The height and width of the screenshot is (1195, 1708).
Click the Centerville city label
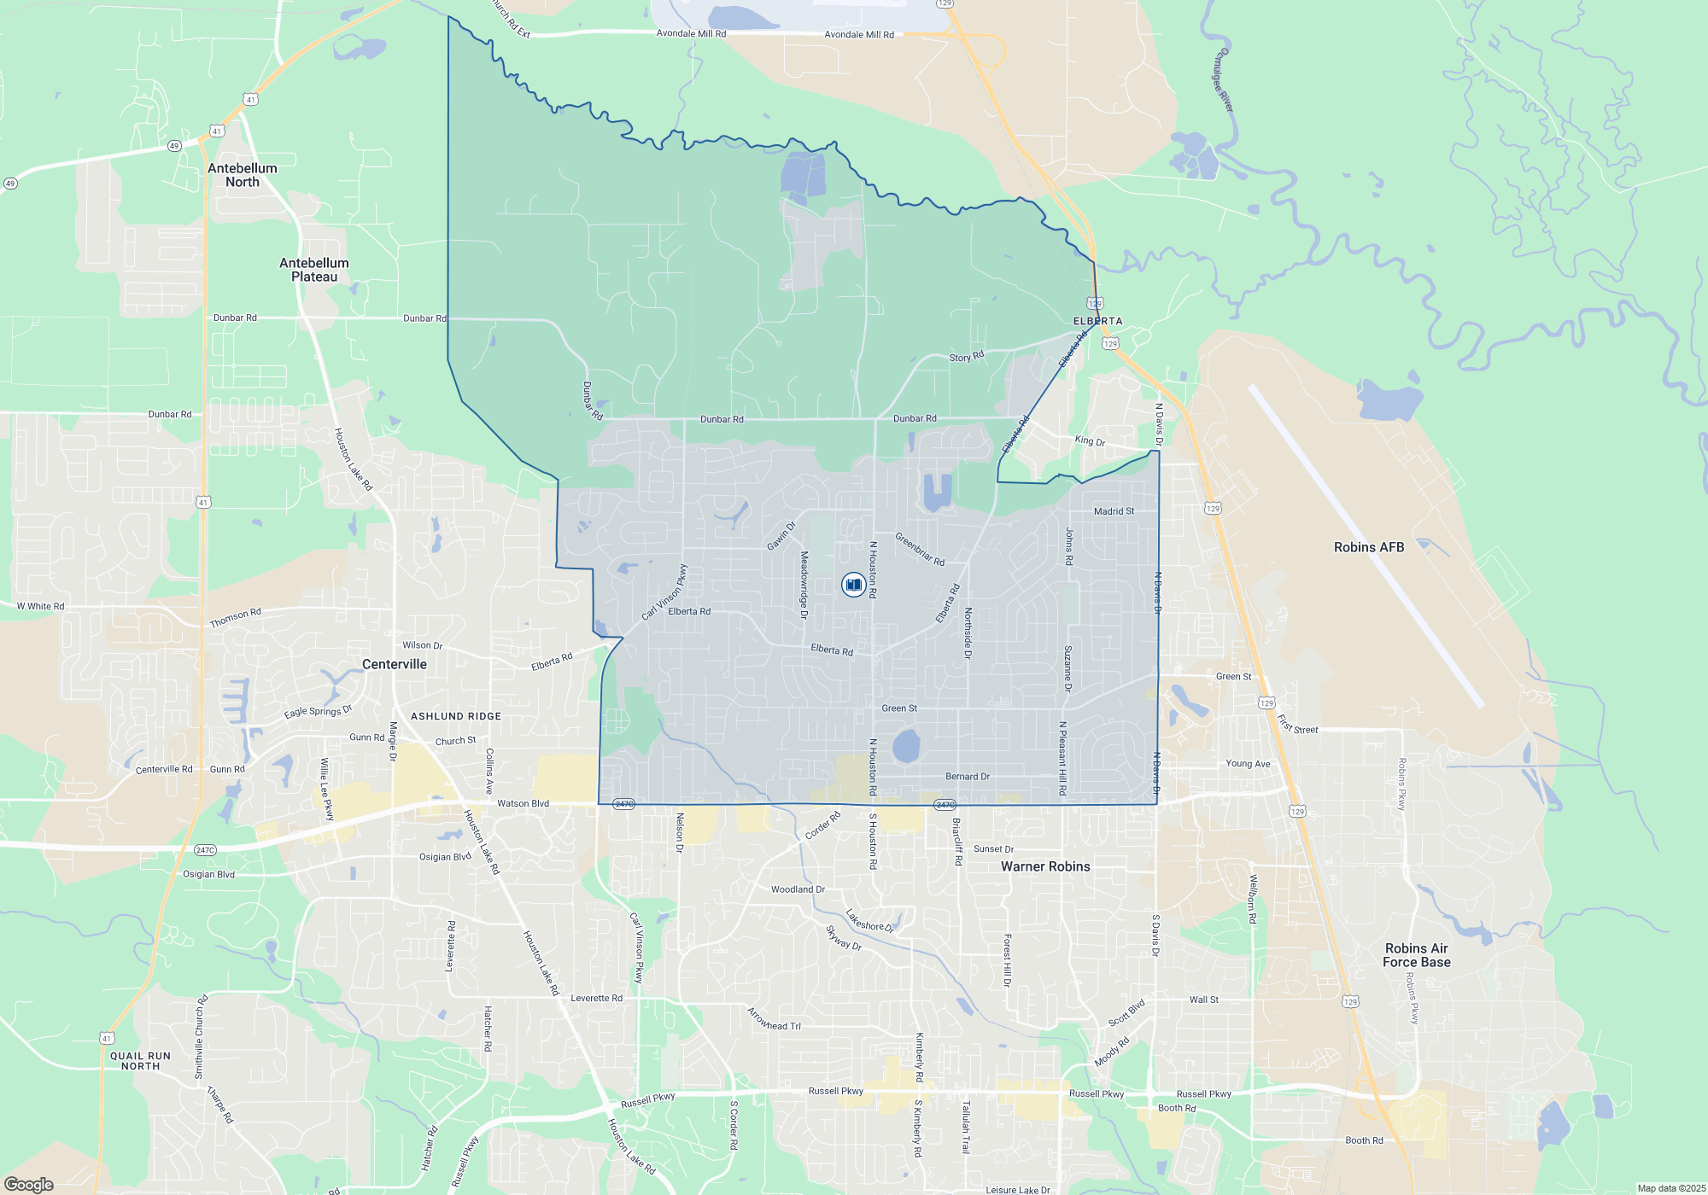(x=394, y=664)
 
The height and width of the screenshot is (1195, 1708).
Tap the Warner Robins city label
(x=1045, y=866)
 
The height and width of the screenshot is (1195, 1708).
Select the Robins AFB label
(x=1368, y=547)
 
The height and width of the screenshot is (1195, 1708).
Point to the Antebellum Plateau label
(x=314, y=270)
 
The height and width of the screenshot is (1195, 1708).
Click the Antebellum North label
(x=243, y=175)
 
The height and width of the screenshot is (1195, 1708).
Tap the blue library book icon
(x=853, y=585)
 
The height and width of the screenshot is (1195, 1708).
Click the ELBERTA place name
(x=1097, y=321)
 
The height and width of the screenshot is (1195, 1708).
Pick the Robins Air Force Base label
(x=1416, y=955)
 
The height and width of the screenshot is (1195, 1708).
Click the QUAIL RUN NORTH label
(x=141, y=1061)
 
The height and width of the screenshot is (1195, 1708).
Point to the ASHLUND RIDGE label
(x=456, y=716)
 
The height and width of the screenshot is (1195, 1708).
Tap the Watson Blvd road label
(x=523, y=803)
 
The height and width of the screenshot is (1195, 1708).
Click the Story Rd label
(x=966, y=357)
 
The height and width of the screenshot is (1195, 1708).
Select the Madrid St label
(x=1114, y=511)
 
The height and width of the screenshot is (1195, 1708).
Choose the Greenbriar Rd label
(x=920, y=549)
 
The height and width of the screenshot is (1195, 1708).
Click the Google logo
(x=28, y=1185)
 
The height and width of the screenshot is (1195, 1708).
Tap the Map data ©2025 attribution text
(x=1670, y=1188)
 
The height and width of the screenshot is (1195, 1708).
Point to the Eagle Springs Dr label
(x=318, y=711)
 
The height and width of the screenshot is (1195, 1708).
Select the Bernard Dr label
(x=968, y=777)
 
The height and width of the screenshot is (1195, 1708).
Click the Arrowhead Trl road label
(x=774, y=1019)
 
